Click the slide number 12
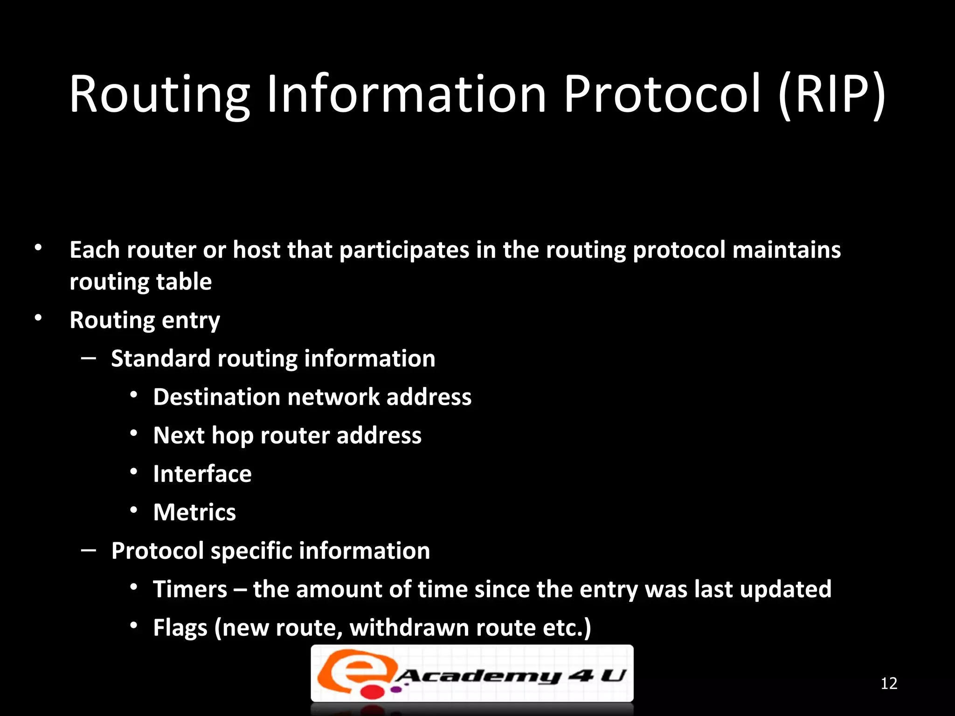click(x=889, y=683)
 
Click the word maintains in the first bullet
click(x=787, y=250)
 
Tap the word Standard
click(x=160, y=358)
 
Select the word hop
click(x=232, y=436)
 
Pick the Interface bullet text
click(x=202, y=474)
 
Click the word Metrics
click(x=194, y=512)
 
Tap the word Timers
click(x=190, y=589)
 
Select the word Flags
click(x=180, y=628)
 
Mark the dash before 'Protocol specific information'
click(x=89, y=551)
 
